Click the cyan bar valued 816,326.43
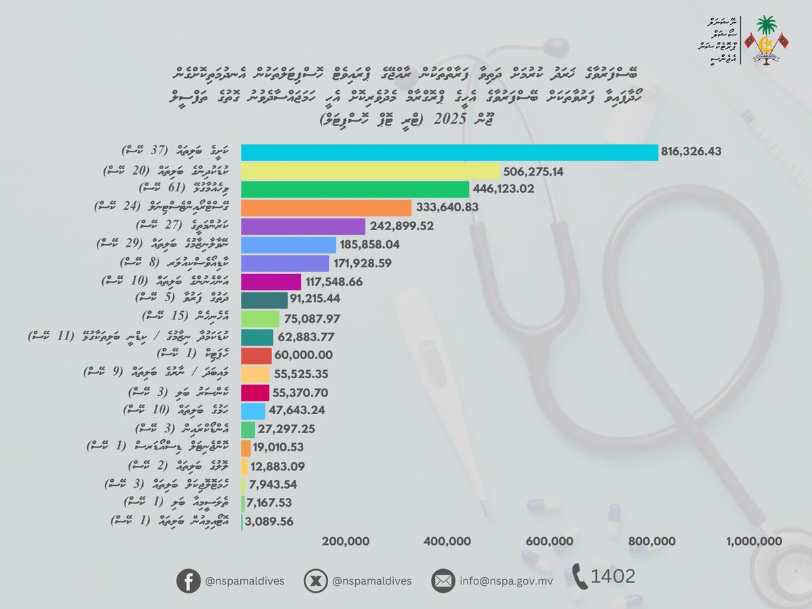pos(449,153)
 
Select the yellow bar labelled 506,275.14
pos(370,171)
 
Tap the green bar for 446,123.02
pos(355,189)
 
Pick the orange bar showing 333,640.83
pos(326,208)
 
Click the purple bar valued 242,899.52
pos(302,226)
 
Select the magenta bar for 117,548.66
pos(271,281)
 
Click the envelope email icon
pos(444,580)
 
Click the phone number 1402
pos(613,577)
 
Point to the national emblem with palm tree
pos(765,40)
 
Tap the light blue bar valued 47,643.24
pos(253,411)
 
